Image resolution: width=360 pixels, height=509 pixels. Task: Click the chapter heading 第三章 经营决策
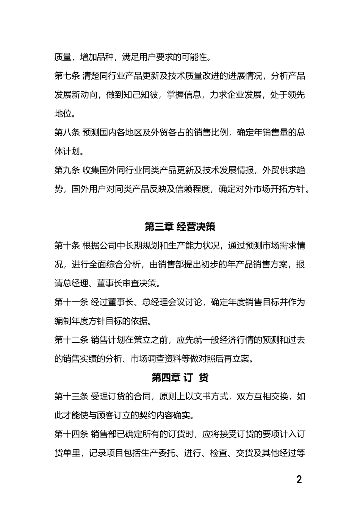tap(180, 227)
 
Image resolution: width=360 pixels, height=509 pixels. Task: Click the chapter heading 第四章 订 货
tap(180, 378)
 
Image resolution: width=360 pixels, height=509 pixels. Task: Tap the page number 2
tap(299, 479)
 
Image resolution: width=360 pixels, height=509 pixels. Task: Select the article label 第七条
tap(67, 76)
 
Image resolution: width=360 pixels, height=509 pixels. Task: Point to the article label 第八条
tap(67, 133)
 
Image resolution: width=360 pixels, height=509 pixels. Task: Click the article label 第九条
tap(67, 170)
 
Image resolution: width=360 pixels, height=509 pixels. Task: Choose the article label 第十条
tap(67, 246)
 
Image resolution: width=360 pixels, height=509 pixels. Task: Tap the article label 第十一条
tap(71, 302)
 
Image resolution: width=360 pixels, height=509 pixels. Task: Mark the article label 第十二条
tap(71, 340)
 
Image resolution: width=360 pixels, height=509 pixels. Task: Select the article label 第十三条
tap(71, 397)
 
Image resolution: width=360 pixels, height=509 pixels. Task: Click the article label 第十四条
tap(71, 434)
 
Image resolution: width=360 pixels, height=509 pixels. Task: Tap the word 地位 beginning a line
tap(63, 114)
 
